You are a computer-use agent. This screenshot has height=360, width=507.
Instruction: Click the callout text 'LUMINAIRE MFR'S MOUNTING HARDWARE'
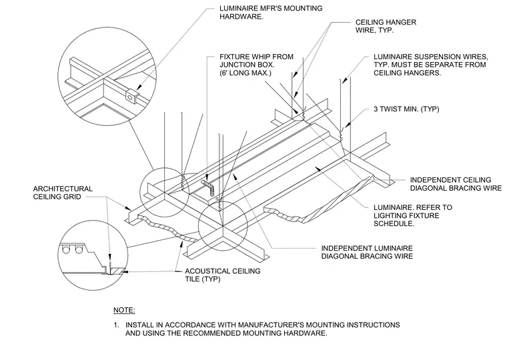tap(271, 12)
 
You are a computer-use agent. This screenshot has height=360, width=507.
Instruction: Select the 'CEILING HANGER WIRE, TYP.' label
tap(386, 26)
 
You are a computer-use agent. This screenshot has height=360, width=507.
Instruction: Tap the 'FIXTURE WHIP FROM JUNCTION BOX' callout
tap(256, 61)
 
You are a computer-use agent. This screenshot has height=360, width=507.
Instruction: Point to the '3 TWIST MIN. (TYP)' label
tap(406, 109)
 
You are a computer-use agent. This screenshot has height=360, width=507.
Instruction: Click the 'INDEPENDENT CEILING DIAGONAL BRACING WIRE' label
tap(456, 184)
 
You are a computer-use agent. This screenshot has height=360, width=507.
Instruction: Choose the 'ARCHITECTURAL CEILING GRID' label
tap(63, 193)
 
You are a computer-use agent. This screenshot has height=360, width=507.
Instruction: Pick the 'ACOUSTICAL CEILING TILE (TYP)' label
tap(222, 275)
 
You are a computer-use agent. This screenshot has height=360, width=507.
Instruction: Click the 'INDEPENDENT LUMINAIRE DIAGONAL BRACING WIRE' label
tap(367, 253)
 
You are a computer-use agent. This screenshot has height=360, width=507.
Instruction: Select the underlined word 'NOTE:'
tap(124, 310)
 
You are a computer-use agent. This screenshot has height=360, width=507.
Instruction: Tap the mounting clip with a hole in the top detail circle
tap(131, 95)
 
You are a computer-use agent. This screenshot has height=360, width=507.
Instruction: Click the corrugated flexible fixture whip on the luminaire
tap(209, 188)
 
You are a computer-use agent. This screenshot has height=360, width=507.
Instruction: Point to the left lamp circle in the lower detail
tap(66, 249)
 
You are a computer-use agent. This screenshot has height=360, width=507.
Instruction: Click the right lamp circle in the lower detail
tap(79, 249)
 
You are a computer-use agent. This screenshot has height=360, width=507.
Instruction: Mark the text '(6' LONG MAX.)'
tap(245, 73)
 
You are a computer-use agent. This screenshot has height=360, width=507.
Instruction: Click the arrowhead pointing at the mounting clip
tap(139, 87)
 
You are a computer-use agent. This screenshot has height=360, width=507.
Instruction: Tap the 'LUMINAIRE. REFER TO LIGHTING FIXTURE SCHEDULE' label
tap(413, 215)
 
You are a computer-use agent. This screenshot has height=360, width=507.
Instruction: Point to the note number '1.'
tap(116, 325)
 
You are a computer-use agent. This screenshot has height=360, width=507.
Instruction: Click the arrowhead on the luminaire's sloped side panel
tap(319, 169)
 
